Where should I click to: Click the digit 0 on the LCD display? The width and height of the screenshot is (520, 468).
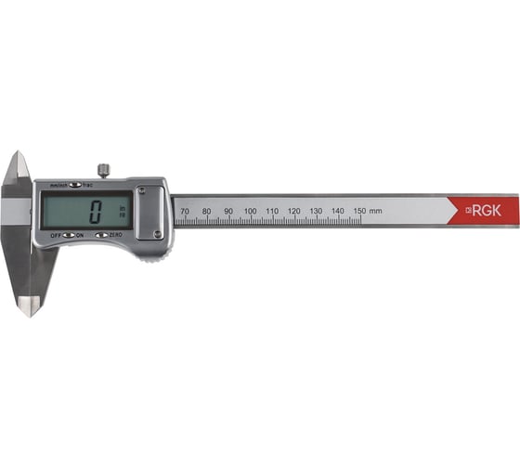coord(95,211)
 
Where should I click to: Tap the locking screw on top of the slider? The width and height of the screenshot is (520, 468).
coord(103,170)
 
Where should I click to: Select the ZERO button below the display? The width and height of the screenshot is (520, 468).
coord(99,236)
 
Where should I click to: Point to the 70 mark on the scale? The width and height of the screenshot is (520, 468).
coord(184,212)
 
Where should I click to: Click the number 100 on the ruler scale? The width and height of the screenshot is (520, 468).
coord(250,212)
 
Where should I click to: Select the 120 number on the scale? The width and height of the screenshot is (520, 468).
coord(293,212)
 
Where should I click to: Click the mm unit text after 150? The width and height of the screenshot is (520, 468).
coord(376,212)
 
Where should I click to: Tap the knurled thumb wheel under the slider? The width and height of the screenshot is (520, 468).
coord(149,253)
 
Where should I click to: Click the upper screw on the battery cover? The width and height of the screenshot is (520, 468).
coord(142,192)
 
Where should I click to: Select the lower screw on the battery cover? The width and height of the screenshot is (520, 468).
coord(157,234)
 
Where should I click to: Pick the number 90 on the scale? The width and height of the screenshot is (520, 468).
coord(227,212)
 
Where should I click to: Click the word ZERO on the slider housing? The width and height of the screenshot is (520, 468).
coord(116,236)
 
